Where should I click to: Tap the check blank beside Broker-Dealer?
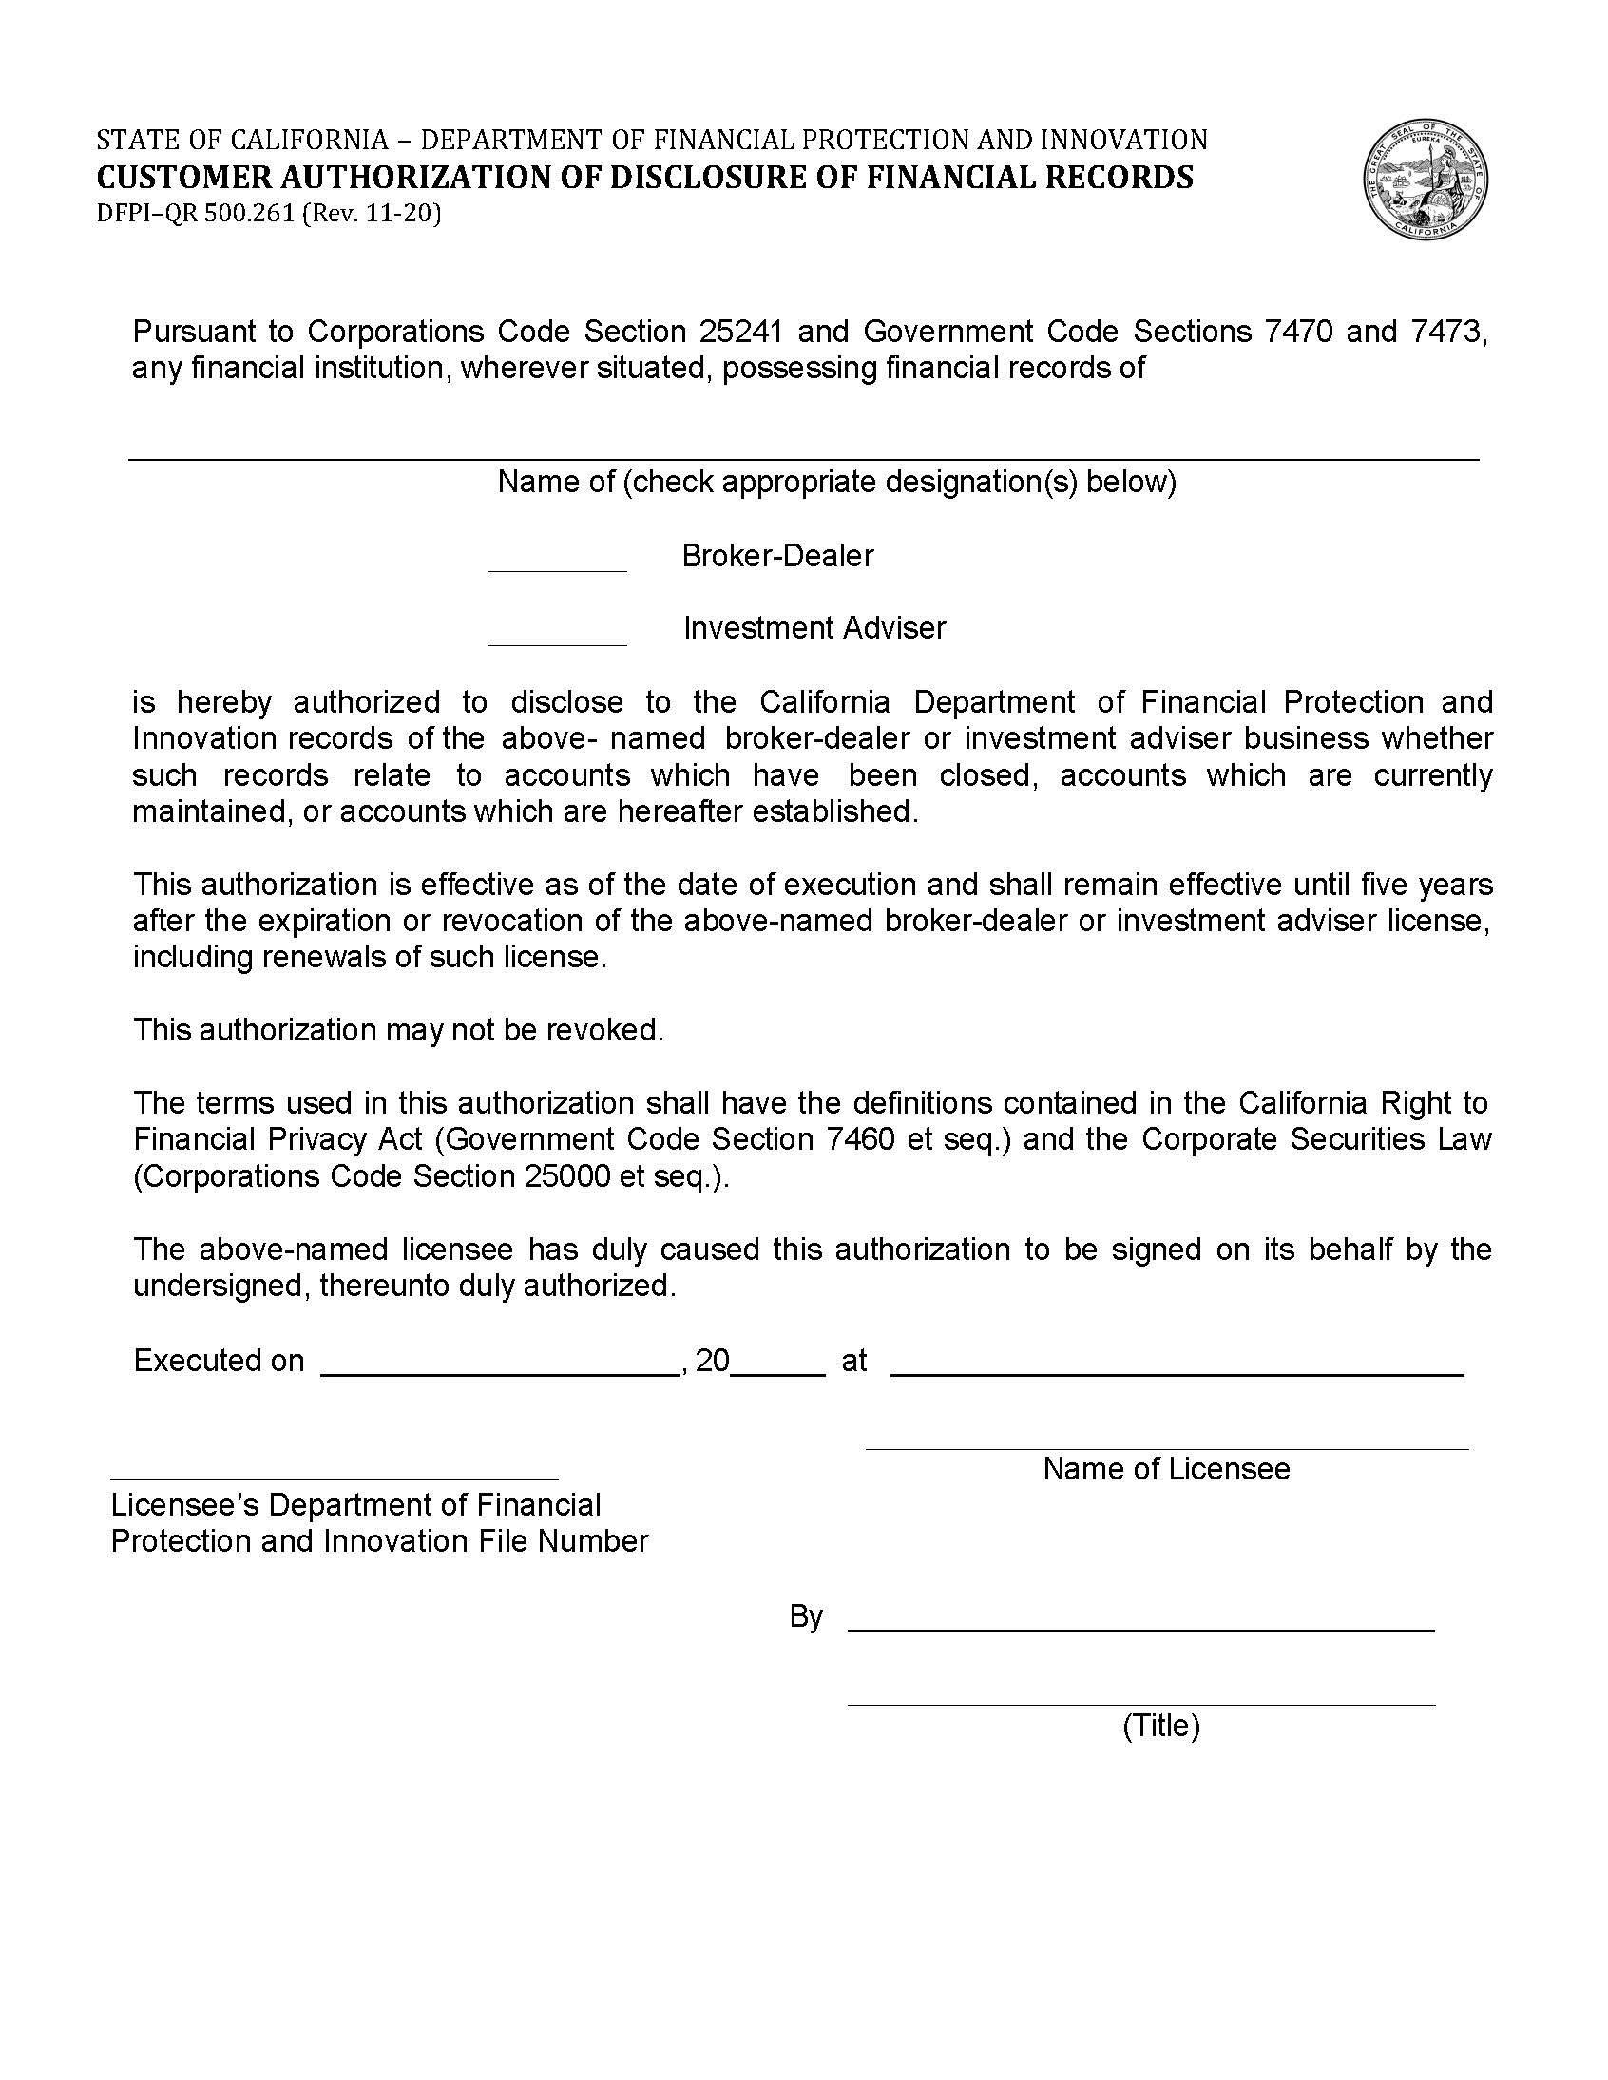pyautogui.click(x=556, y=561)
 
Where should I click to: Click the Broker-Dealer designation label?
pyautogui.click(x=776, y=555)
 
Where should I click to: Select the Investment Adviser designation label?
pyautogui.click(x=814, y=628)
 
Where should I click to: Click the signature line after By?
pyautogui.click(x=1140, y=1619)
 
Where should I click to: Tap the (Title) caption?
pyautogui.click(x=1160, y=1725)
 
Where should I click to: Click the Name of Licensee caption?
pyautogui.click(x=1165, y=1468)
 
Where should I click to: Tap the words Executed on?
pyautogui.click(x=219, y=1360)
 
